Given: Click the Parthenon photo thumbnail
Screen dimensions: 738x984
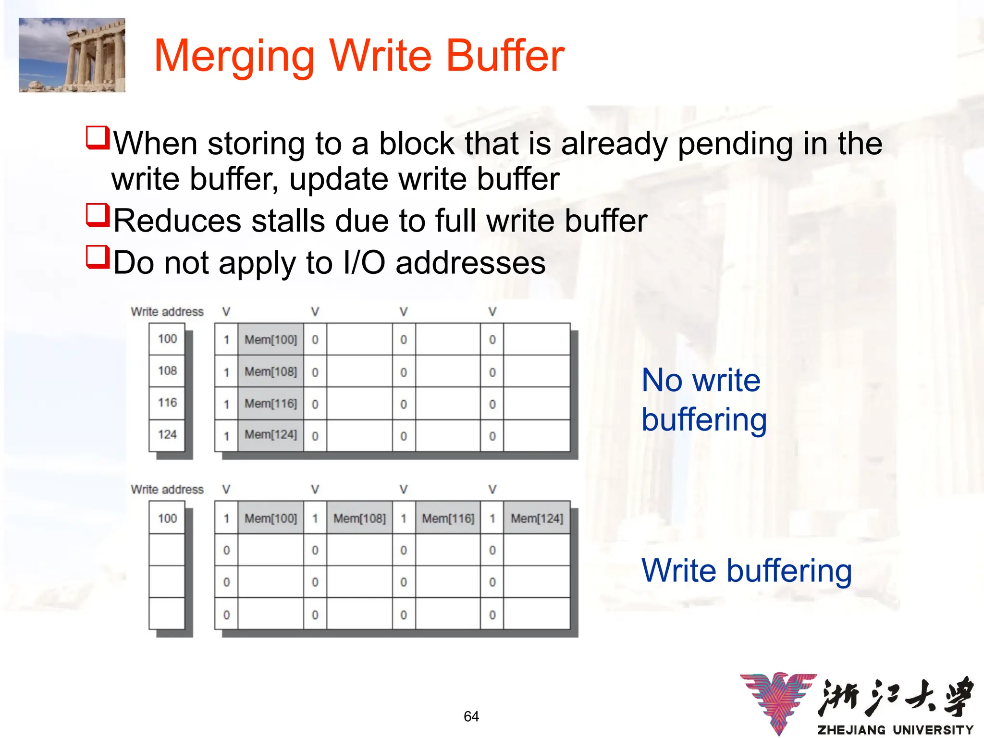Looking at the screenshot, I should [x=72, y=55].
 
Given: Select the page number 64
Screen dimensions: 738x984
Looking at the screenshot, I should [x=471, y=716].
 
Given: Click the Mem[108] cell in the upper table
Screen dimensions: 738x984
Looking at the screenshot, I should [x=271, y=371].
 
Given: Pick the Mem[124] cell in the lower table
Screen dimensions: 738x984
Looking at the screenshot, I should [x=537, y=518].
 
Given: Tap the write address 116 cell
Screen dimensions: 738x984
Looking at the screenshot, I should [x=167, y=403].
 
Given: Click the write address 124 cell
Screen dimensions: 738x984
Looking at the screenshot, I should [x=167, y=435].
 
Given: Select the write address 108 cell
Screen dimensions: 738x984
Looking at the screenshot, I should [x=167, y=371].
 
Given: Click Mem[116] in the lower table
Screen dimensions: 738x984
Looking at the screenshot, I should [x=448, y=518].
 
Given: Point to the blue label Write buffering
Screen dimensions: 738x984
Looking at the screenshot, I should [x=746, y=571].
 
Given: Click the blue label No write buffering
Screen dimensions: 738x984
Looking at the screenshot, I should [x=703, y=400].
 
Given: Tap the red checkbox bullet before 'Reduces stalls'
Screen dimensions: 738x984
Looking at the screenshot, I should [x=98, y=216].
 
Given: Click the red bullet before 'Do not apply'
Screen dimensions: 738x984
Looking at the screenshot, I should [x=98, y=258].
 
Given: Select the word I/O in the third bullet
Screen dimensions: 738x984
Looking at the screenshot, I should [x=364, y=263].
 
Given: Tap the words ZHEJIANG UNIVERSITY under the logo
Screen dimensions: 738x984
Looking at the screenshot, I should [x=895, y=730].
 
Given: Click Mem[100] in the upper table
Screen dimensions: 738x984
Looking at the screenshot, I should [x=271, y=340].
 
